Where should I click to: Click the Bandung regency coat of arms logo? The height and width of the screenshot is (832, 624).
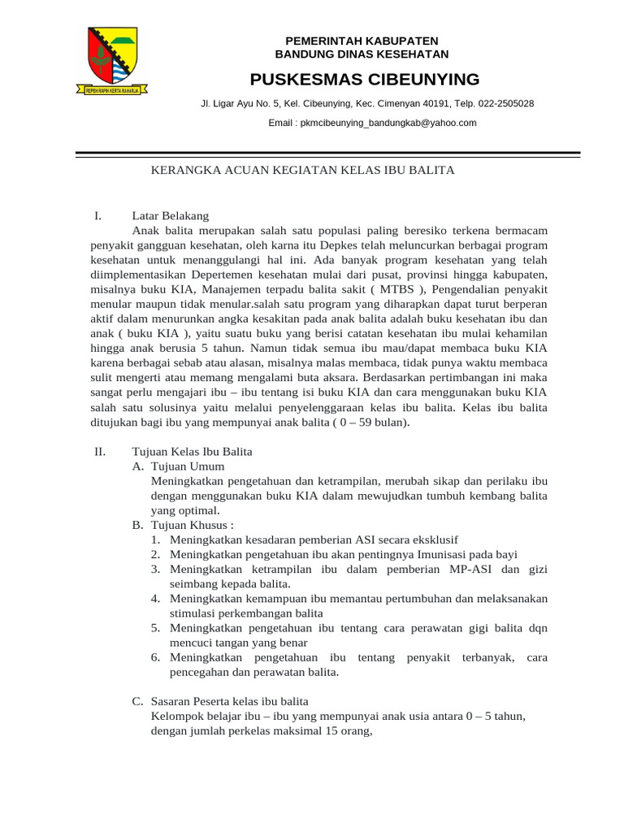coord(113,61)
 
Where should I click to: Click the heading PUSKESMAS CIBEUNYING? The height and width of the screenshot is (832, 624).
coord(365,79)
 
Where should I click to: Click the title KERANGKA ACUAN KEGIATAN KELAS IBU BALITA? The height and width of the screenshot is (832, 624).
coord(304,170)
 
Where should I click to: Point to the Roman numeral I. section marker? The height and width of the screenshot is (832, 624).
coord(97,216)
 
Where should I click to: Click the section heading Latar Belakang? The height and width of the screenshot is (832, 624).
coord(171,216)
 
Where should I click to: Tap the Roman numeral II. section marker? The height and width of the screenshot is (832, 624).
coord(99,451)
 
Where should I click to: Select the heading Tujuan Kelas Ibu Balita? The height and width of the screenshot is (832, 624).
coord(192,451)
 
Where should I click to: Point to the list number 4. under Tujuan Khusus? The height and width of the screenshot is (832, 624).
coord(155,598)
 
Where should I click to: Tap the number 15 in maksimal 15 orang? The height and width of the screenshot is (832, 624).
coord(331,730)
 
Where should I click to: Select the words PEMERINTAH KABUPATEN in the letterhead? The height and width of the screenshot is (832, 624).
coord(362,41)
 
